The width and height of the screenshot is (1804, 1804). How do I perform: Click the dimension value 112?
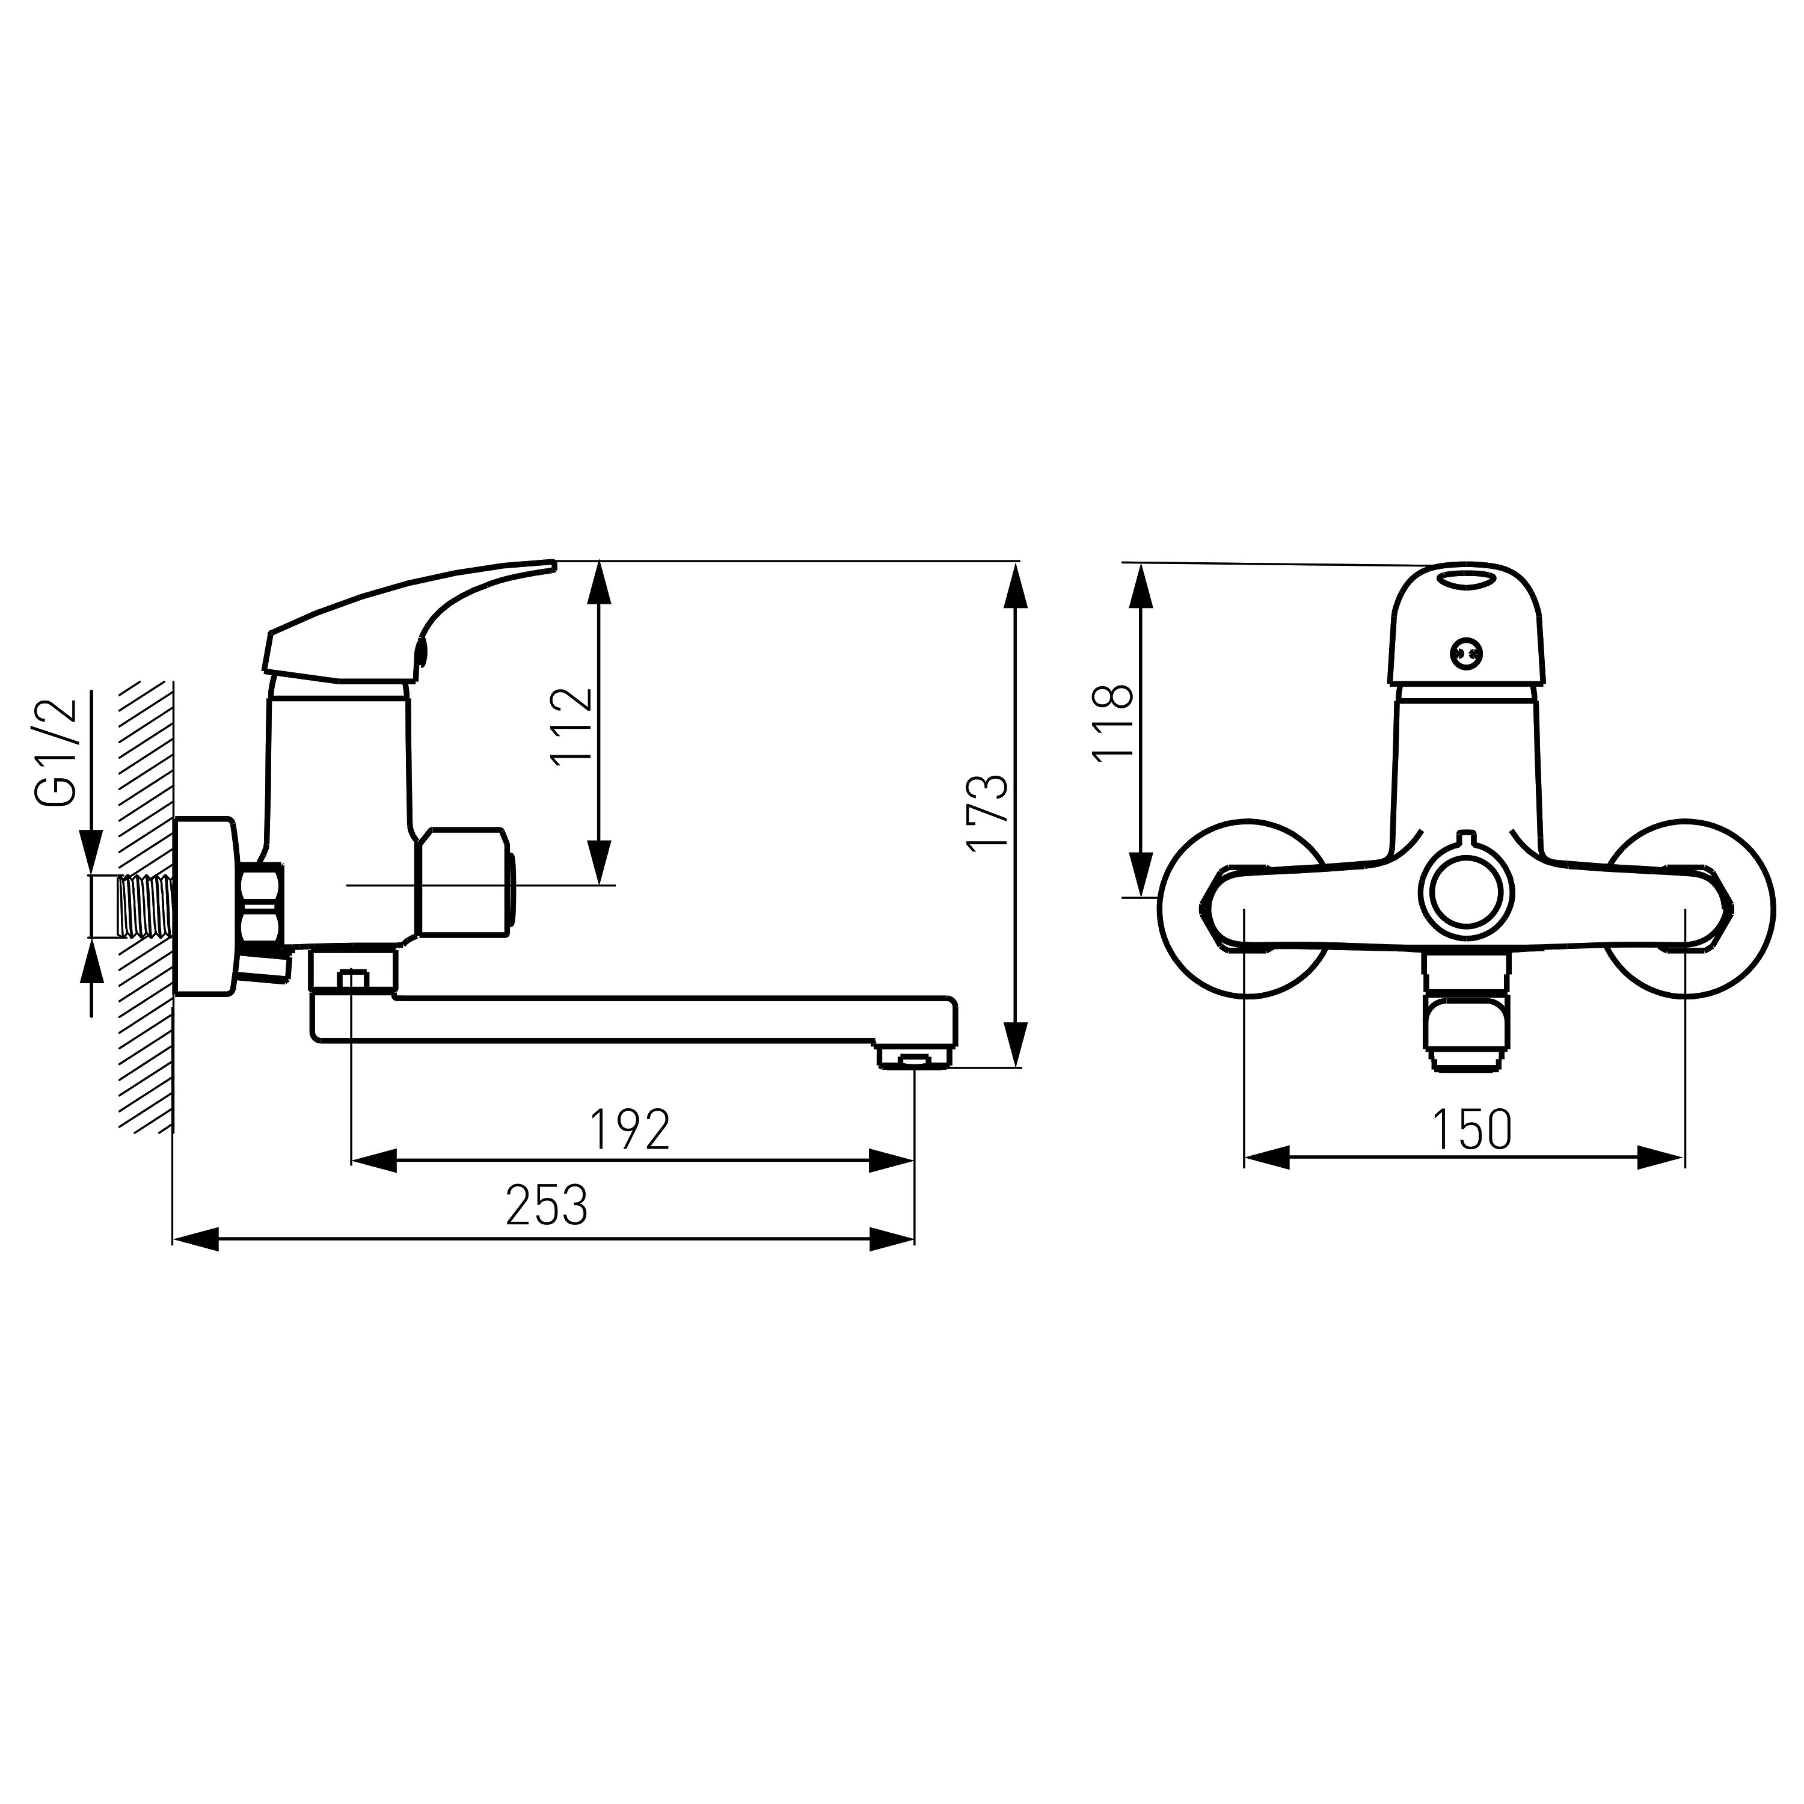point(571,726)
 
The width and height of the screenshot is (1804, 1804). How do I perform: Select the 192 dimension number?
point(630,1130)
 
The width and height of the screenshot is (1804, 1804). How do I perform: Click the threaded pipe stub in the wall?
point(147,905)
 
